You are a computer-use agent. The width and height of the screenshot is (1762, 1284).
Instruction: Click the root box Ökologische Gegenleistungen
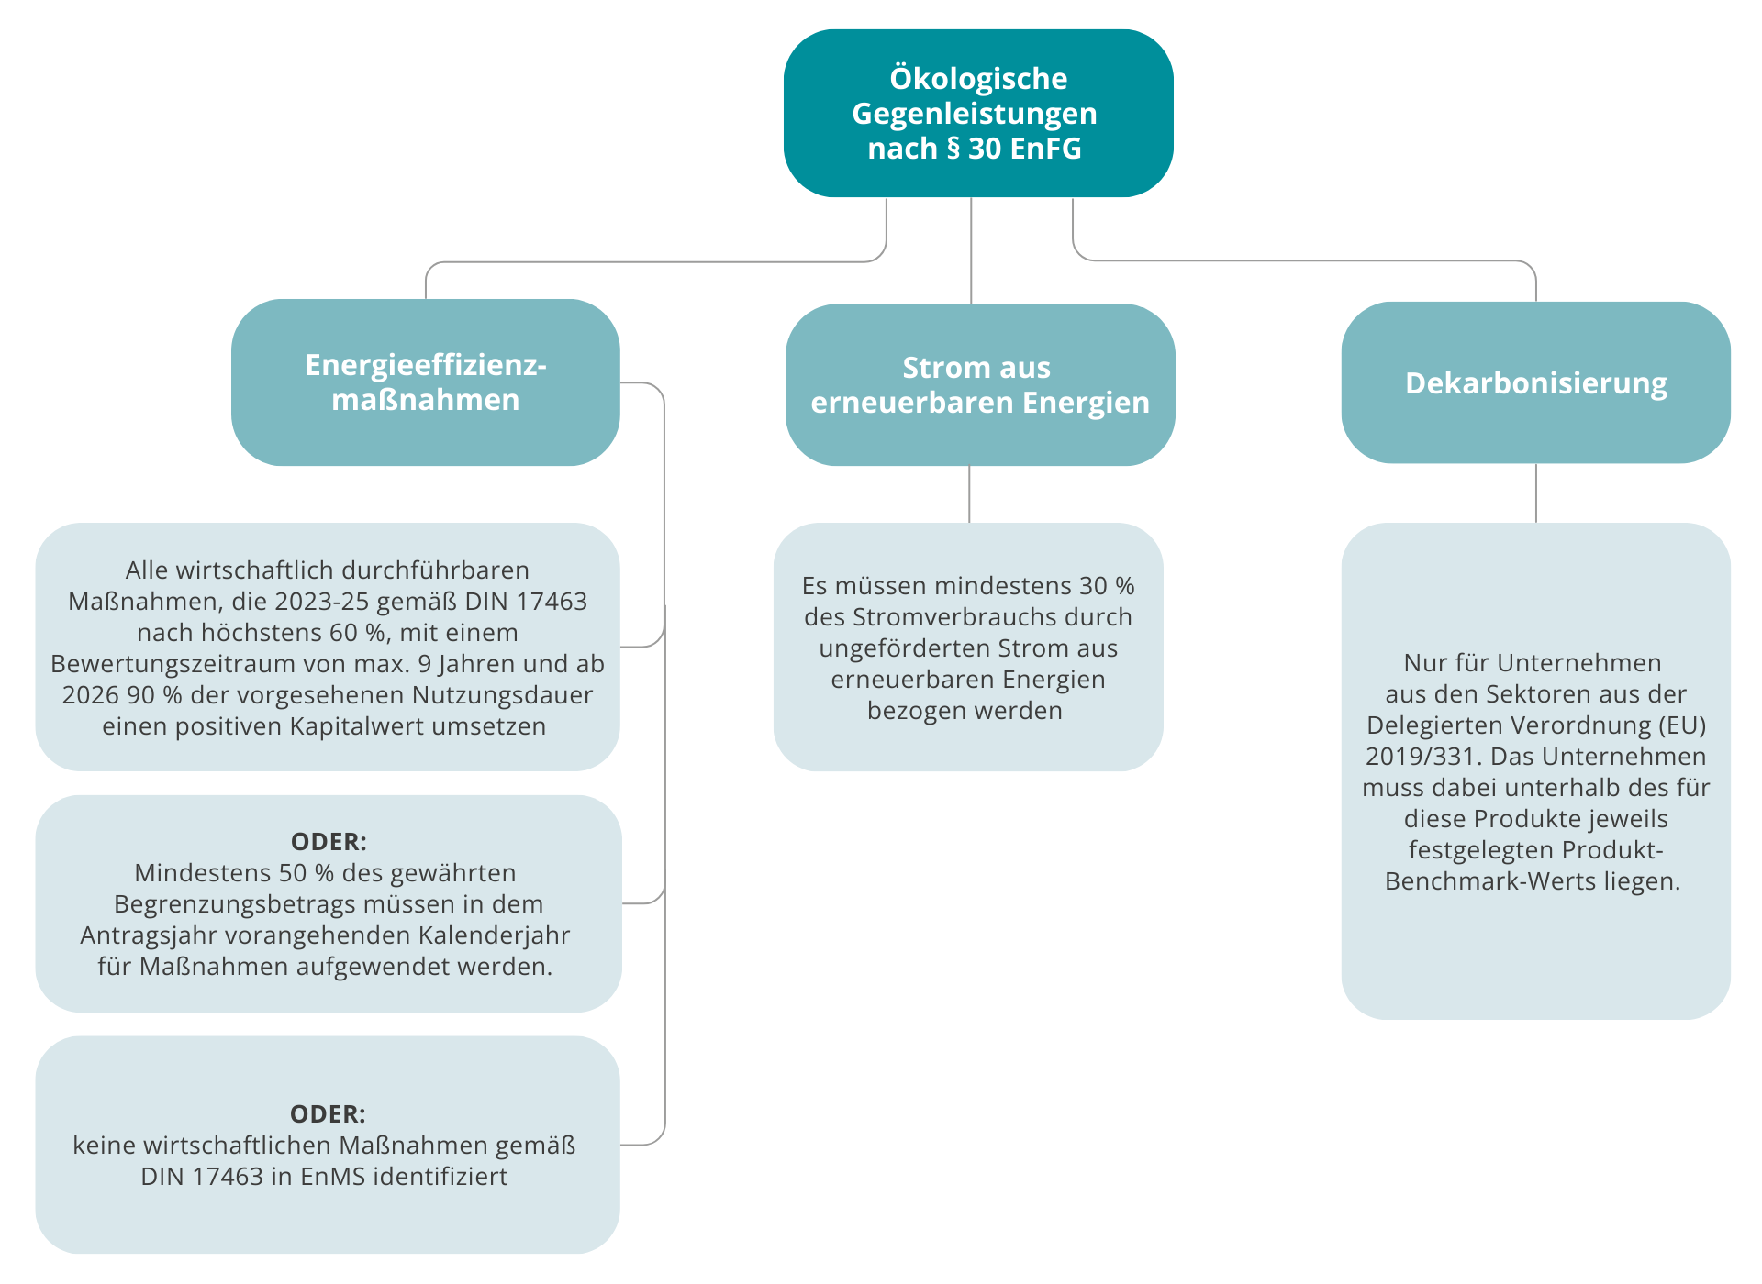(978, 113)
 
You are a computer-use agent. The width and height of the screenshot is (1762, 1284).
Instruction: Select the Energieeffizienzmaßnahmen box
(426, 382)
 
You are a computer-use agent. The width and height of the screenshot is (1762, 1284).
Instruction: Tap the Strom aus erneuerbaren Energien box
(980, 385)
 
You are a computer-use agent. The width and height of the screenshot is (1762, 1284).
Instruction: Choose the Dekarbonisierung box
(1536, 382)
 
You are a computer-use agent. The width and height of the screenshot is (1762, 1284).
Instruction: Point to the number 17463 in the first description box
(552, 602)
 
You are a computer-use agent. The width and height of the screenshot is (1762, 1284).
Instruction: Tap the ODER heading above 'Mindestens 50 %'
(329, 841)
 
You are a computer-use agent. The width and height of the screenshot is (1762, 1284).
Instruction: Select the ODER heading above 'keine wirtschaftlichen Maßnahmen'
(328, 1113)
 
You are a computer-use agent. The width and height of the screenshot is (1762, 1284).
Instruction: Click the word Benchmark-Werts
(1490, 881)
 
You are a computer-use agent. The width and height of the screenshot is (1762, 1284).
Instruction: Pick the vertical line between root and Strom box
(971, 250)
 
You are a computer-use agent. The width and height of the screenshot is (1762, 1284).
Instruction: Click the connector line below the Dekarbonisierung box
(1536, 493)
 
